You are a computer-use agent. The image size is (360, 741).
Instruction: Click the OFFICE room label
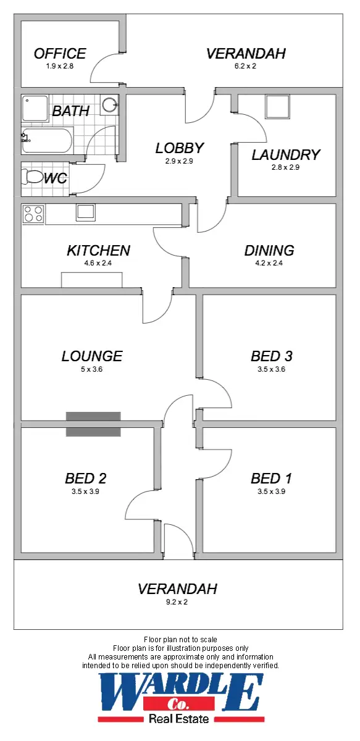60,54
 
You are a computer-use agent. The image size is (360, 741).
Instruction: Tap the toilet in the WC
32,177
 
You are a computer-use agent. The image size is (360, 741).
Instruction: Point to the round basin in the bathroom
110,104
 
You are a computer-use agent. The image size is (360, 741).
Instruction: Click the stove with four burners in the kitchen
33,214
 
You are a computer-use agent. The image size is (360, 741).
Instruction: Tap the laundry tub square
277,107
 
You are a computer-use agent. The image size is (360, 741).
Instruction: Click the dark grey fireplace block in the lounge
93,424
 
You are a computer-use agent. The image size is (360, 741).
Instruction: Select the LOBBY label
180,148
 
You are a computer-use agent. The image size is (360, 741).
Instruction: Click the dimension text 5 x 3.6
91,369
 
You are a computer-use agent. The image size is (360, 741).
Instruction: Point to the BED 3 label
271,356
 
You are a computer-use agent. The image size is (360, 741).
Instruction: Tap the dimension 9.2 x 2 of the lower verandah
177,601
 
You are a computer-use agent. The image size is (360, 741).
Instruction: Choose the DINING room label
269,250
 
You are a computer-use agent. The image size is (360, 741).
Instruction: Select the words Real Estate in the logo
178,719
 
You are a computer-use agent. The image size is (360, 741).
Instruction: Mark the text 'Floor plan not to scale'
180,639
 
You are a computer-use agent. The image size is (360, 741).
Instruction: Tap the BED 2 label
86,479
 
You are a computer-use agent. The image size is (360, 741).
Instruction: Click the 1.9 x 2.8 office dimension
60,66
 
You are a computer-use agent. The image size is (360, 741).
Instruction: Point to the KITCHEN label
98,250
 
